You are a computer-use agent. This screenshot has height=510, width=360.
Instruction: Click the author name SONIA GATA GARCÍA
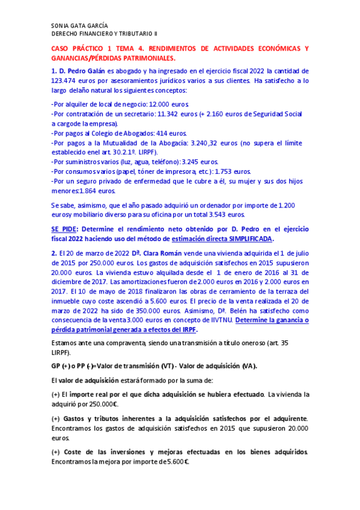point(81,26)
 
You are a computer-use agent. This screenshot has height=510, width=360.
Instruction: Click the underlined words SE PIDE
point(63,229)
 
